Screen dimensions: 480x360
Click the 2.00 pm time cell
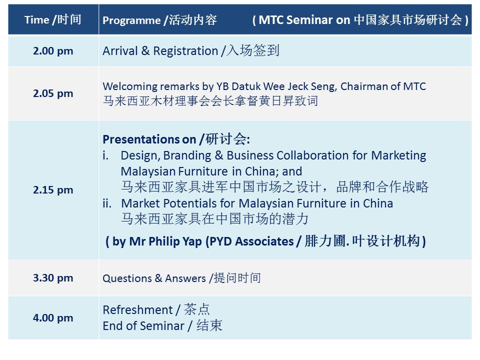point(53,51)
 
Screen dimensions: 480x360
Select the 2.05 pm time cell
point(53,93)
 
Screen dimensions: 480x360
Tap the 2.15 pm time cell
point(53,190)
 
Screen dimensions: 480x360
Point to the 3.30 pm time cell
point(53,278)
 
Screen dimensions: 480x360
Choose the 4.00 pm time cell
point(53,318)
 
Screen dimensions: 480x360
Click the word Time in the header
point(36,20)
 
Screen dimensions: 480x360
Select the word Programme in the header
point(131,20)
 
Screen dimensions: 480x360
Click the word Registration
point(185,51)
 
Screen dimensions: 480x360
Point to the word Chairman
point(364,86)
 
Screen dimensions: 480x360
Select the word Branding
point(187,156)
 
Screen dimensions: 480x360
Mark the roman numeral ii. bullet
point(107,203)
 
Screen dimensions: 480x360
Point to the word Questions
point(127,278)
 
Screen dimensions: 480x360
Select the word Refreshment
point(138,310)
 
